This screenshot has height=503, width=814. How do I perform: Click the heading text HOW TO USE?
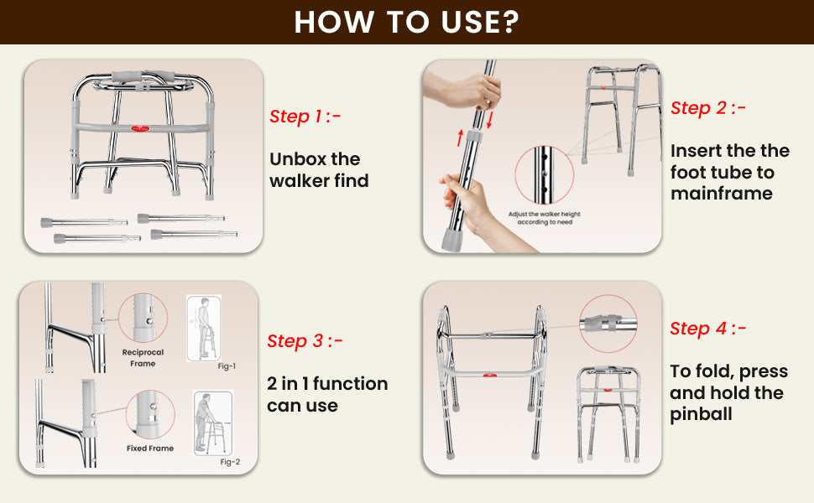point(406,22)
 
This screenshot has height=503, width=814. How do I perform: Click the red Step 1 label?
point(305,117)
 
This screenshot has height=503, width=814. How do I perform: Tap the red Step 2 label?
point(707,108)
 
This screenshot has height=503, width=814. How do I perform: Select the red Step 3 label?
point(305,340)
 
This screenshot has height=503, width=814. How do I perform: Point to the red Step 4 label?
point(707,329)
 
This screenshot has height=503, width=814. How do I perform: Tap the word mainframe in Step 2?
point(722,194)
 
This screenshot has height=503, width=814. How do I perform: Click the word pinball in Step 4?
point(701,414)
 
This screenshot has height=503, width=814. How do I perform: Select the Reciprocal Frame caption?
point(143,358)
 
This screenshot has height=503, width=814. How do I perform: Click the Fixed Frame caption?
point(150,448)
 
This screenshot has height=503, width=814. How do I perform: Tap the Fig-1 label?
point(227,366)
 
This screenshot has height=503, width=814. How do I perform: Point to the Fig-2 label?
point(230,462)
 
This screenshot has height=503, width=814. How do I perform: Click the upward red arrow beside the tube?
point(460,138)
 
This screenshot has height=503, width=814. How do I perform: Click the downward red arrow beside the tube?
point(489,120)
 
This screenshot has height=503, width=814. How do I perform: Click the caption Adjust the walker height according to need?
point(545,218)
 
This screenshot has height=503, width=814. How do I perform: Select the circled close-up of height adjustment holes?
point(544,174)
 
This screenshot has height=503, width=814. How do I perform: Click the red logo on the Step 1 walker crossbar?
point(140,128)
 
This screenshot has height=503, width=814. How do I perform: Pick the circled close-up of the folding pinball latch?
point(608,324)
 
